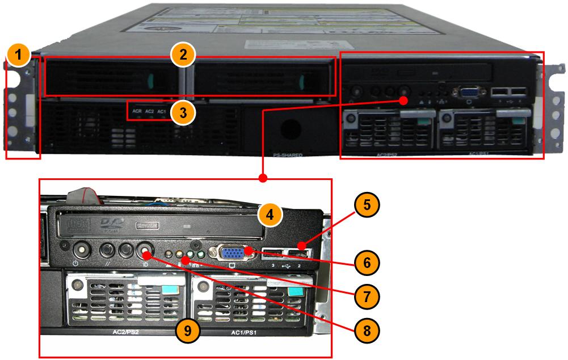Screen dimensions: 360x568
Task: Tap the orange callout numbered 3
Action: pyautogui.click(x=183, y=112)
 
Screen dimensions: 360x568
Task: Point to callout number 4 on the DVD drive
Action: pyautogui.click(x=270, y=215)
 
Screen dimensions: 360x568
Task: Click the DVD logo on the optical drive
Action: pyautogui.click(x=111, y=224)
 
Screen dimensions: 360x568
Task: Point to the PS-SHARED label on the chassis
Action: pyautogui.click(x=288, y=154)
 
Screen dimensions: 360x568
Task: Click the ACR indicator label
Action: pyautogui.click(x=137, y=111)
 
